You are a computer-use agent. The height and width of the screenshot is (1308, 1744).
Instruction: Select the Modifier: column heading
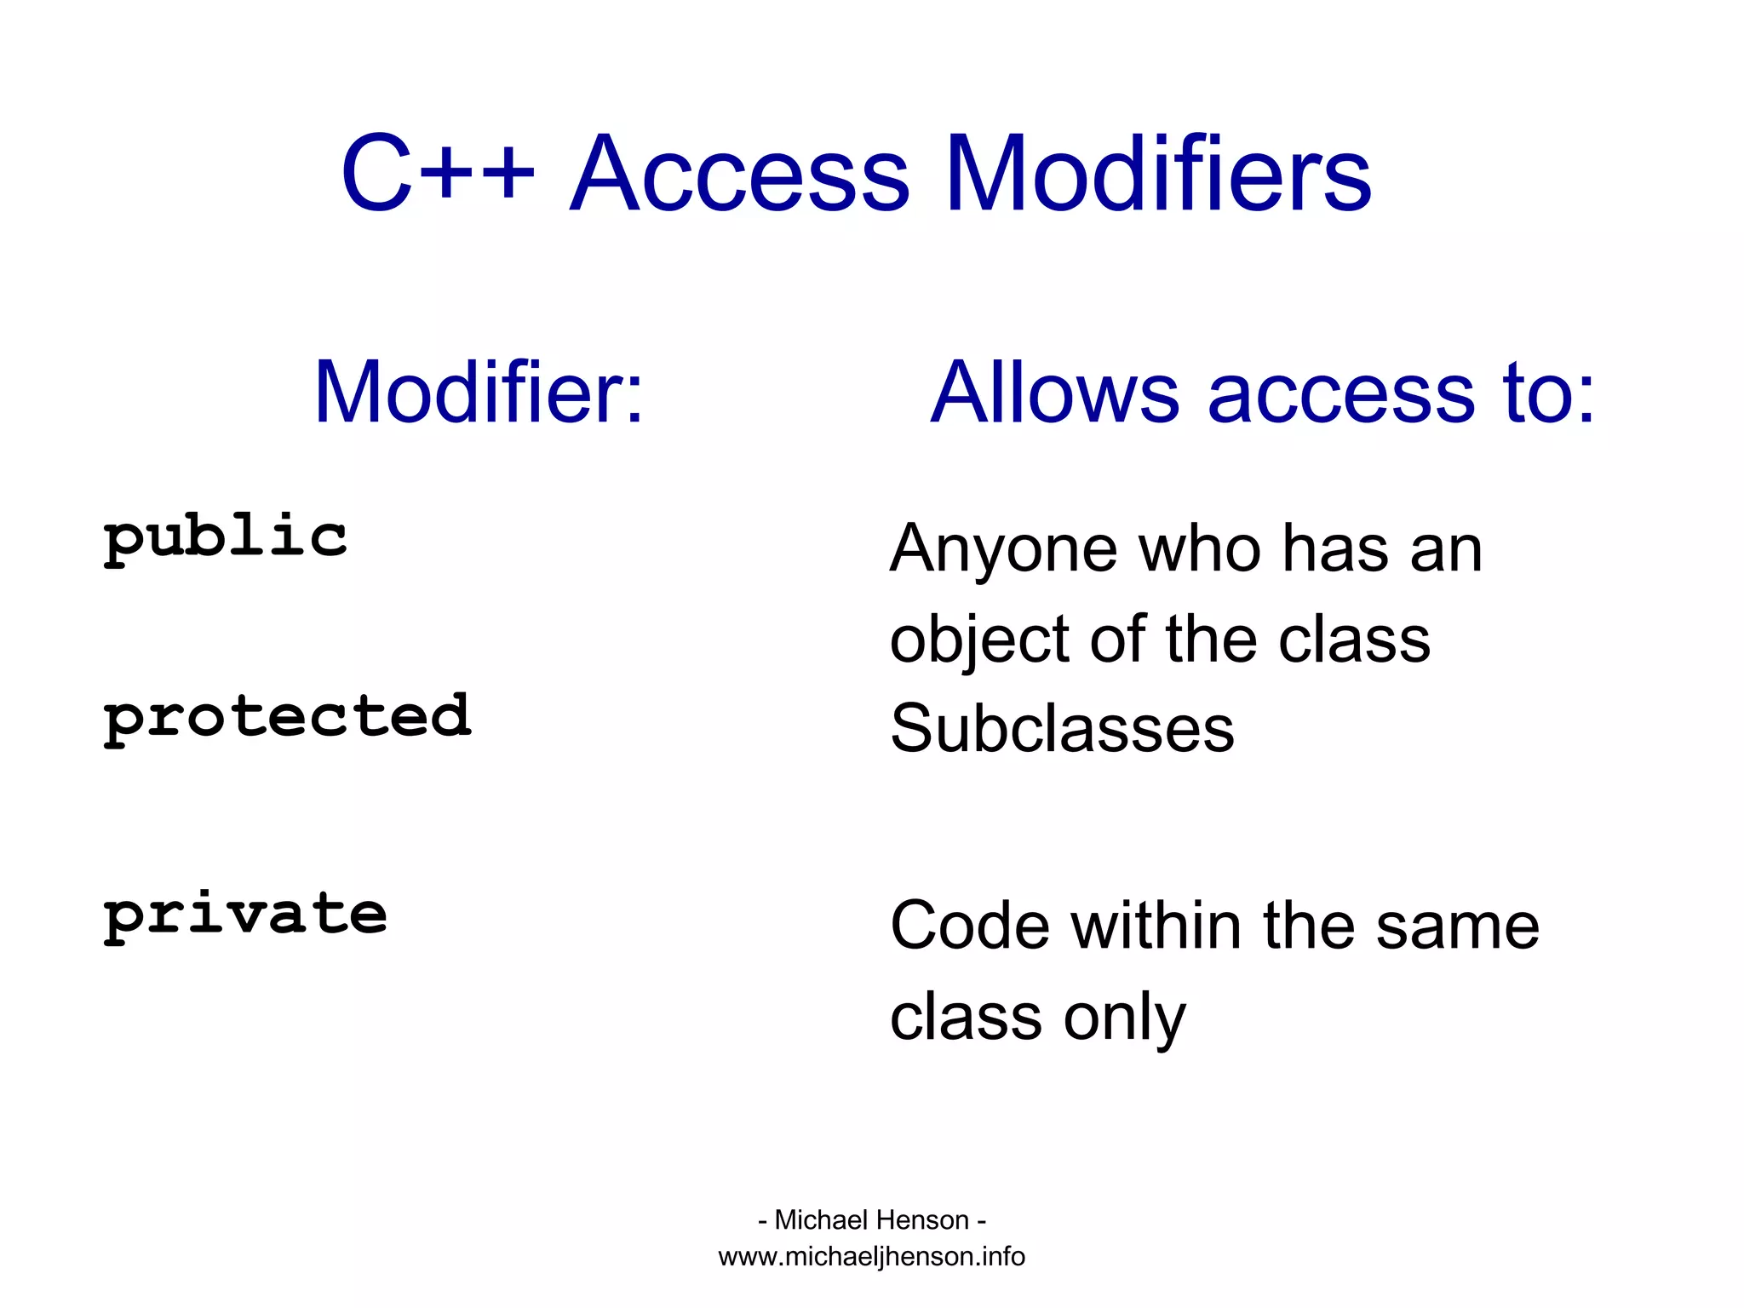(x=479, y=393)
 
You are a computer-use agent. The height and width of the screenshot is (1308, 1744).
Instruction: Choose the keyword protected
(x=287, y=718)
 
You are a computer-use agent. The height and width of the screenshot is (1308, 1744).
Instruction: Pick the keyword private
(x=245, y=915)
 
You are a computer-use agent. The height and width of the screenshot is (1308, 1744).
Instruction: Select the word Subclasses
(x=1062, y=729)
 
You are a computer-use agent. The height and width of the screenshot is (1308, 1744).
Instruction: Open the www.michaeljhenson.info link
(x=871, y=1257)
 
